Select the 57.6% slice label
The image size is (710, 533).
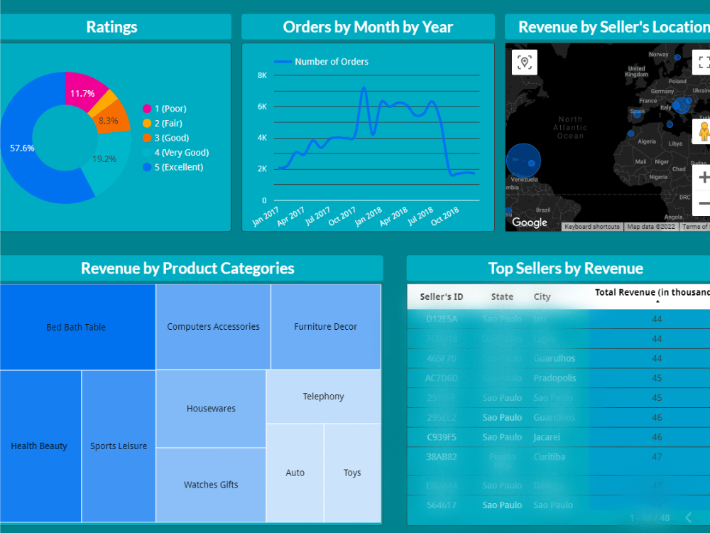pos(22,149)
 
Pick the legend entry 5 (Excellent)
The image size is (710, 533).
pos(178,167)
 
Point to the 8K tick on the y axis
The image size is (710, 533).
pos(262,75)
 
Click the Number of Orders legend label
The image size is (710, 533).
pos(331,62)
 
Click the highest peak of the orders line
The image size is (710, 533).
pos(364,88)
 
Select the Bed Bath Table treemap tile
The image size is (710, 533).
pos(76,327)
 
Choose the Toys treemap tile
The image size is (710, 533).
pos(352,473)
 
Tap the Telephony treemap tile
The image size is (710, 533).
pos(323,397)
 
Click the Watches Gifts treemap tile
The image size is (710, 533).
pos(211,485)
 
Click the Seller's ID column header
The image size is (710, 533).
pos(442,297)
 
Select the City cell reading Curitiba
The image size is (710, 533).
pos(550,457)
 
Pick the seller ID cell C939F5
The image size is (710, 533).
pos(442,437)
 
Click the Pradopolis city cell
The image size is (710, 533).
pos(555,378)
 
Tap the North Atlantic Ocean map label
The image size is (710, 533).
pos(570,128)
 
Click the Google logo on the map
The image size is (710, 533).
pos(530,222)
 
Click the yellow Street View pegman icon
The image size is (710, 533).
pos(704,132)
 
